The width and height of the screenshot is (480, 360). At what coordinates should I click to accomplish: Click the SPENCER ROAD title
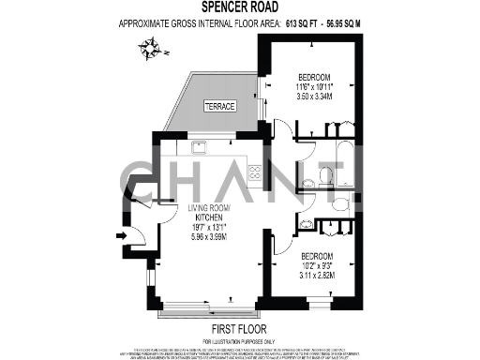[239, 7]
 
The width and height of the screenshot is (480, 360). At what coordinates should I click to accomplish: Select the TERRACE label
[219, 106]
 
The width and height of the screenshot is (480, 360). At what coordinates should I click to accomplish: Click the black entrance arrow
[121, 235]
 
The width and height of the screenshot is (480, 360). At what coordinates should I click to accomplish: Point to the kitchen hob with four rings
[253, 172]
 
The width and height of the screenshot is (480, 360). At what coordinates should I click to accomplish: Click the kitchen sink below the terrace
[199, 147]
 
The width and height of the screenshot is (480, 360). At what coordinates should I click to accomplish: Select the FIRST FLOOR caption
[239, 328]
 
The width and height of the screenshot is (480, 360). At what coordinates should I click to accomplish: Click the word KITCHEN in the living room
[202, 217]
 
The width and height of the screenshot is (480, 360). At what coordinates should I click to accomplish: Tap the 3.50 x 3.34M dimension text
[314, 97]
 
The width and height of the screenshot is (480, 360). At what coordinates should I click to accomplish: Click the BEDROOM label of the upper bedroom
[314, 76]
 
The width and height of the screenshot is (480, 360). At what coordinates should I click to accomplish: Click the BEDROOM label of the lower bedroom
[318, 255]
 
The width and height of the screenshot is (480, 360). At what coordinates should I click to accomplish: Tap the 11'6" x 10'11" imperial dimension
[314, 86]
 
